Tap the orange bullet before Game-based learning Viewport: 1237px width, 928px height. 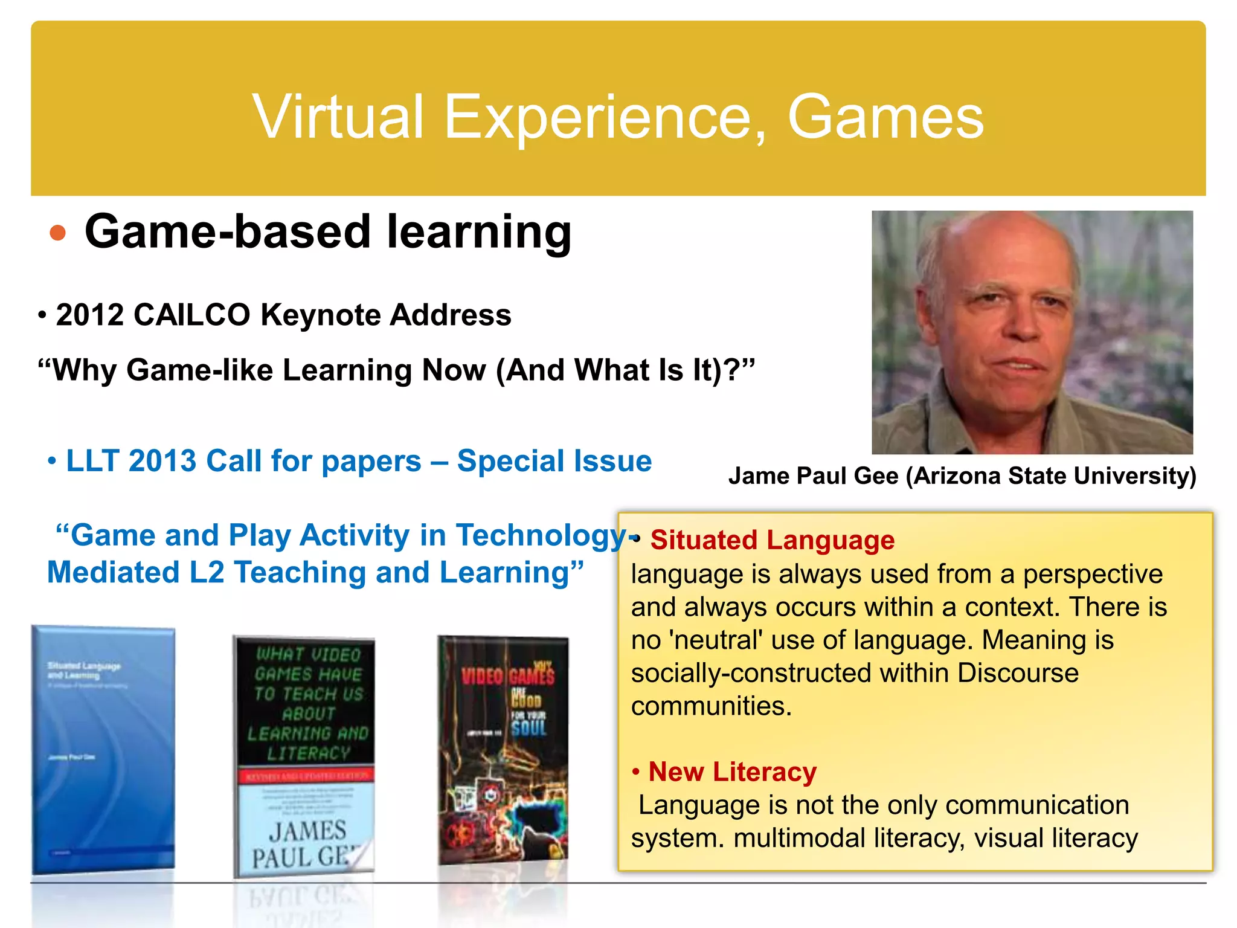[x=58, y=233]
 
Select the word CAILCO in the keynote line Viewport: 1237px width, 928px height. [x=191, y=315]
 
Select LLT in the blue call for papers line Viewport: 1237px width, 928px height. [x=93, y=461]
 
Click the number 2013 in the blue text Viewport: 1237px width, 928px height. [x=162, y=461]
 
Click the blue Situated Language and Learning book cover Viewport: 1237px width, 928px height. [x=103, y=749]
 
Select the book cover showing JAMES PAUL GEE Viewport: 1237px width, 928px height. [x=304, y=755]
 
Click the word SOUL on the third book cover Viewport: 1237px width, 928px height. [x=529, y=728]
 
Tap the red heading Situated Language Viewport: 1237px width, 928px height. [x=772, y=540]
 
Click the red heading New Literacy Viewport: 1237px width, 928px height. [x=732, y=772]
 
